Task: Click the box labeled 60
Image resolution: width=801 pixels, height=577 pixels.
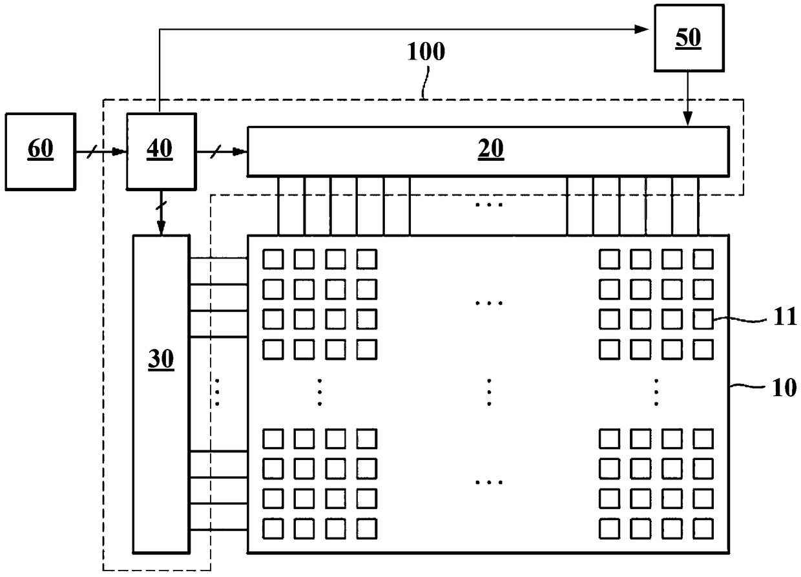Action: pyautogui.click(x=41, y=152)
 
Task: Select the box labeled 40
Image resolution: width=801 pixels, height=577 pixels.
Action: pyautogui.click(x=161, y=152)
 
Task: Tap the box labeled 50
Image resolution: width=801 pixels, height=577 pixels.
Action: pyautogui.click(x=689, y=38)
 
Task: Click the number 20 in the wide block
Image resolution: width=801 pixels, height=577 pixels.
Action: pyautogui.click(x=491, y=149)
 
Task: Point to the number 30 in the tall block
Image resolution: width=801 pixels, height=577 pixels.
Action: pyautogui.click(x=161, y=359)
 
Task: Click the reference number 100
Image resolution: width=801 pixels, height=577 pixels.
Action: pyautogui.click(x=426, y=51)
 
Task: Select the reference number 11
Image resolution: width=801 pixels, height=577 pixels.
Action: pyautogui.click(x=785, y=316)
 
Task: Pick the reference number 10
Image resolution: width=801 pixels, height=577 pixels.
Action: pyautogui.click(x=785, y=388)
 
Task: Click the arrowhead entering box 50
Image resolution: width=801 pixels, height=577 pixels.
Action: pyautogui.click(x=641, y=29)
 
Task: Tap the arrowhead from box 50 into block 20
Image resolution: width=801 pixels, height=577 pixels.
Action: pyautogui.click(x=688, y=119)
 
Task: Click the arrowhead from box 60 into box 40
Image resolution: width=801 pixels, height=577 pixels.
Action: pyautogui.click(x=120, y=152)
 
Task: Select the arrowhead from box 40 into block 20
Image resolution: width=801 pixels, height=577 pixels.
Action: pyautogui.click(x=240, y=152)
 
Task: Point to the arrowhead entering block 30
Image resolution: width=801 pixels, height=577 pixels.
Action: pyautogui.click(x=161, y=228)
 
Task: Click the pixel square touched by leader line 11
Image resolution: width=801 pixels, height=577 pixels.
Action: pyautogui.click(x=703, y=319)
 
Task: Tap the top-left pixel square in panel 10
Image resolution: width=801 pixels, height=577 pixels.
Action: pyautogui.click(x=273, y=259)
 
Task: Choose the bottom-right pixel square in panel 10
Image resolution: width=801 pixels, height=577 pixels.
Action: pyautogui.click(x=703, y=529)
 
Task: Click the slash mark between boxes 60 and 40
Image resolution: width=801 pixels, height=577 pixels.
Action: pyautogui.click(x=92, y=152)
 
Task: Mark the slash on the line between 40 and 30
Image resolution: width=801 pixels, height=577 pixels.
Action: pyautogui.click(x=161, y=205)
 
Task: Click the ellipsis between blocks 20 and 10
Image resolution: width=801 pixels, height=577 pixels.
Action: pyautogui.click(x=489, y=205)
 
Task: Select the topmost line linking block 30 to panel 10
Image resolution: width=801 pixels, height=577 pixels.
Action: pyautogui.click(x=219, y=258)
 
